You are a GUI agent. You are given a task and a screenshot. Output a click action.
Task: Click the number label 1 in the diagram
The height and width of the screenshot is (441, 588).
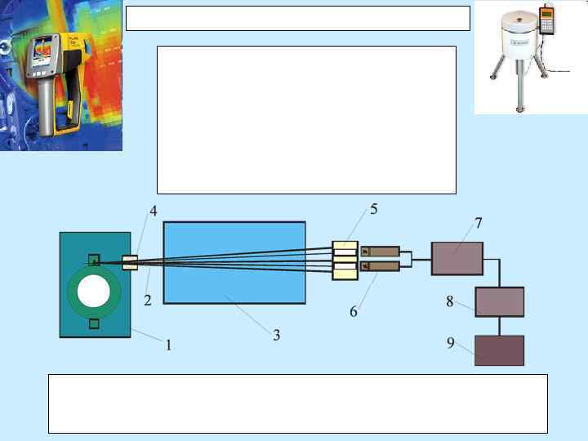pyautogui.click(x=168, y=345)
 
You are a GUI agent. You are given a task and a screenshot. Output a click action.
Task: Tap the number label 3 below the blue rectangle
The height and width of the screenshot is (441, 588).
pyautogui.click(x=277, y=335)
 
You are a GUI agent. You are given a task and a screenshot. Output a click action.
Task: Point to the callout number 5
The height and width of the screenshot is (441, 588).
pyautogui.click(x=373, y=209)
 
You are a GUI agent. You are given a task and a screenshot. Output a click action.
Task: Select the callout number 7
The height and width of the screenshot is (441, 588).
pyautogui.click(x=479, y=222)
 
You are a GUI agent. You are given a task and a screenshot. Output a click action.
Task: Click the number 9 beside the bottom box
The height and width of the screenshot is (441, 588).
pyautogui.click(x=450, y=344)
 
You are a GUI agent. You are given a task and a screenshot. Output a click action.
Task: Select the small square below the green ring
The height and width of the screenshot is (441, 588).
pyautogui.click(x=95, y=324)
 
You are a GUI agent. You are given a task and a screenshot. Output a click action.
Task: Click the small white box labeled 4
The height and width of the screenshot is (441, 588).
pyautogui.click(x=130, y=262)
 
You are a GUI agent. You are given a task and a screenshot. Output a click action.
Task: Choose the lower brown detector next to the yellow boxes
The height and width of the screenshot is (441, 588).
pyautogui.click(x=380, y=267)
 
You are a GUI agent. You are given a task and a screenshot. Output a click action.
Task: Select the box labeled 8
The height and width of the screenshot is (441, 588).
pyautogui.click(x=499, y=301)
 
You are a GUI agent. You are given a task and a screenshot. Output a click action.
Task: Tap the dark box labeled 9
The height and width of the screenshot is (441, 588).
pyautogui.click(x=499, y=350)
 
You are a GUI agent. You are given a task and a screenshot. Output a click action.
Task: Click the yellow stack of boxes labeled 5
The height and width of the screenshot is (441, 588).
pyautogui.click(x=345, y=260)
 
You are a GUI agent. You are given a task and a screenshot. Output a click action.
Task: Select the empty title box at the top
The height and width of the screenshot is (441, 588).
pyautogui.click(x=298, y=18)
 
